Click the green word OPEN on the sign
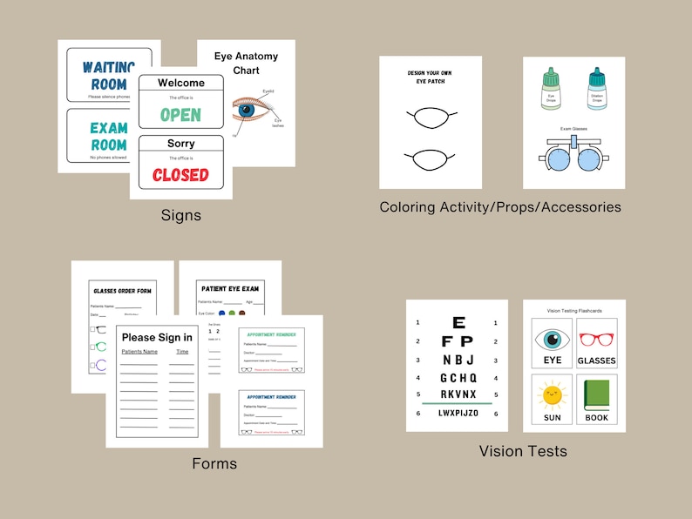[180, 114]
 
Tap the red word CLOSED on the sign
[180, 174]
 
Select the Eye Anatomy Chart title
[246, 63]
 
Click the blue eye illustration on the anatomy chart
[246, 111]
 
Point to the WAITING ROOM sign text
[109, 75]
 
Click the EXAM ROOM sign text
[108, 137]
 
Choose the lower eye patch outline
[430, 159]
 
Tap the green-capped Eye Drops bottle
[550, 90]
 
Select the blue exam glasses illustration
[573, 158]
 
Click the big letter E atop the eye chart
[458, 323]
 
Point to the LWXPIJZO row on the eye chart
[458, 413]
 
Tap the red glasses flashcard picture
[596, 339]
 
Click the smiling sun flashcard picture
[553, 395]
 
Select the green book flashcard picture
[596, 394]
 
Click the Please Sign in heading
[157, 337]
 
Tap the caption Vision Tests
[523, 451]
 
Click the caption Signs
[181, 214]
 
